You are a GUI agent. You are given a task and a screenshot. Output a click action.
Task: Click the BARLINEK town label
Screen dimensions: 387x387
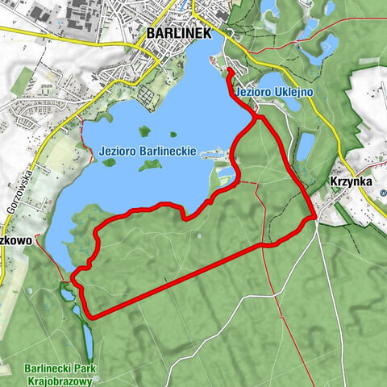point(178,33)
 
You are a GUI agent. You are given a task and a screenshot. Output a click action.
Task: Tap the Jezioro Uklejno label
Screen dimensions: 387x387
point(274,93)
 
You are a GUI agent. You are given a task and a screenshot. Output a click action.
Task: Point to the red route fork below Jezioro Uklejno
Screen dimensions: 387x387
point(258,119)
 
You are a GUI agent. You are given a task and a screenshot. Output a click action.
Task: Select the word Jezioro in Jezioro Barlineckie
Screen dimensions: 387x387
point(118,150)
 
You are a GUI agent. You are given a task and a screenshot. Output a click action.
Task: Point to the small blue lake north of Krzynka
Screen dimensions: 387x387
point(305,148)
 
